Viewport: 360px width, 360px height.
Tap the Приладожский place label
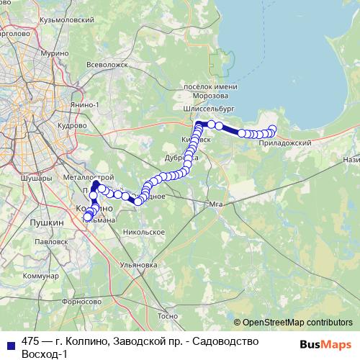tap(287, 144)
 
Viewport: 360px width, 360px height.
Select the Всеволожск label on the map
tap(106, 64)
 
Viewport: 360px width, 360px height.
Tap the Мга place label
tap(213, 204)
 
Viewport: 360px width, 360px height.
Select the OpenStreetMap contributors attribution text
tap(297, 323)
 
